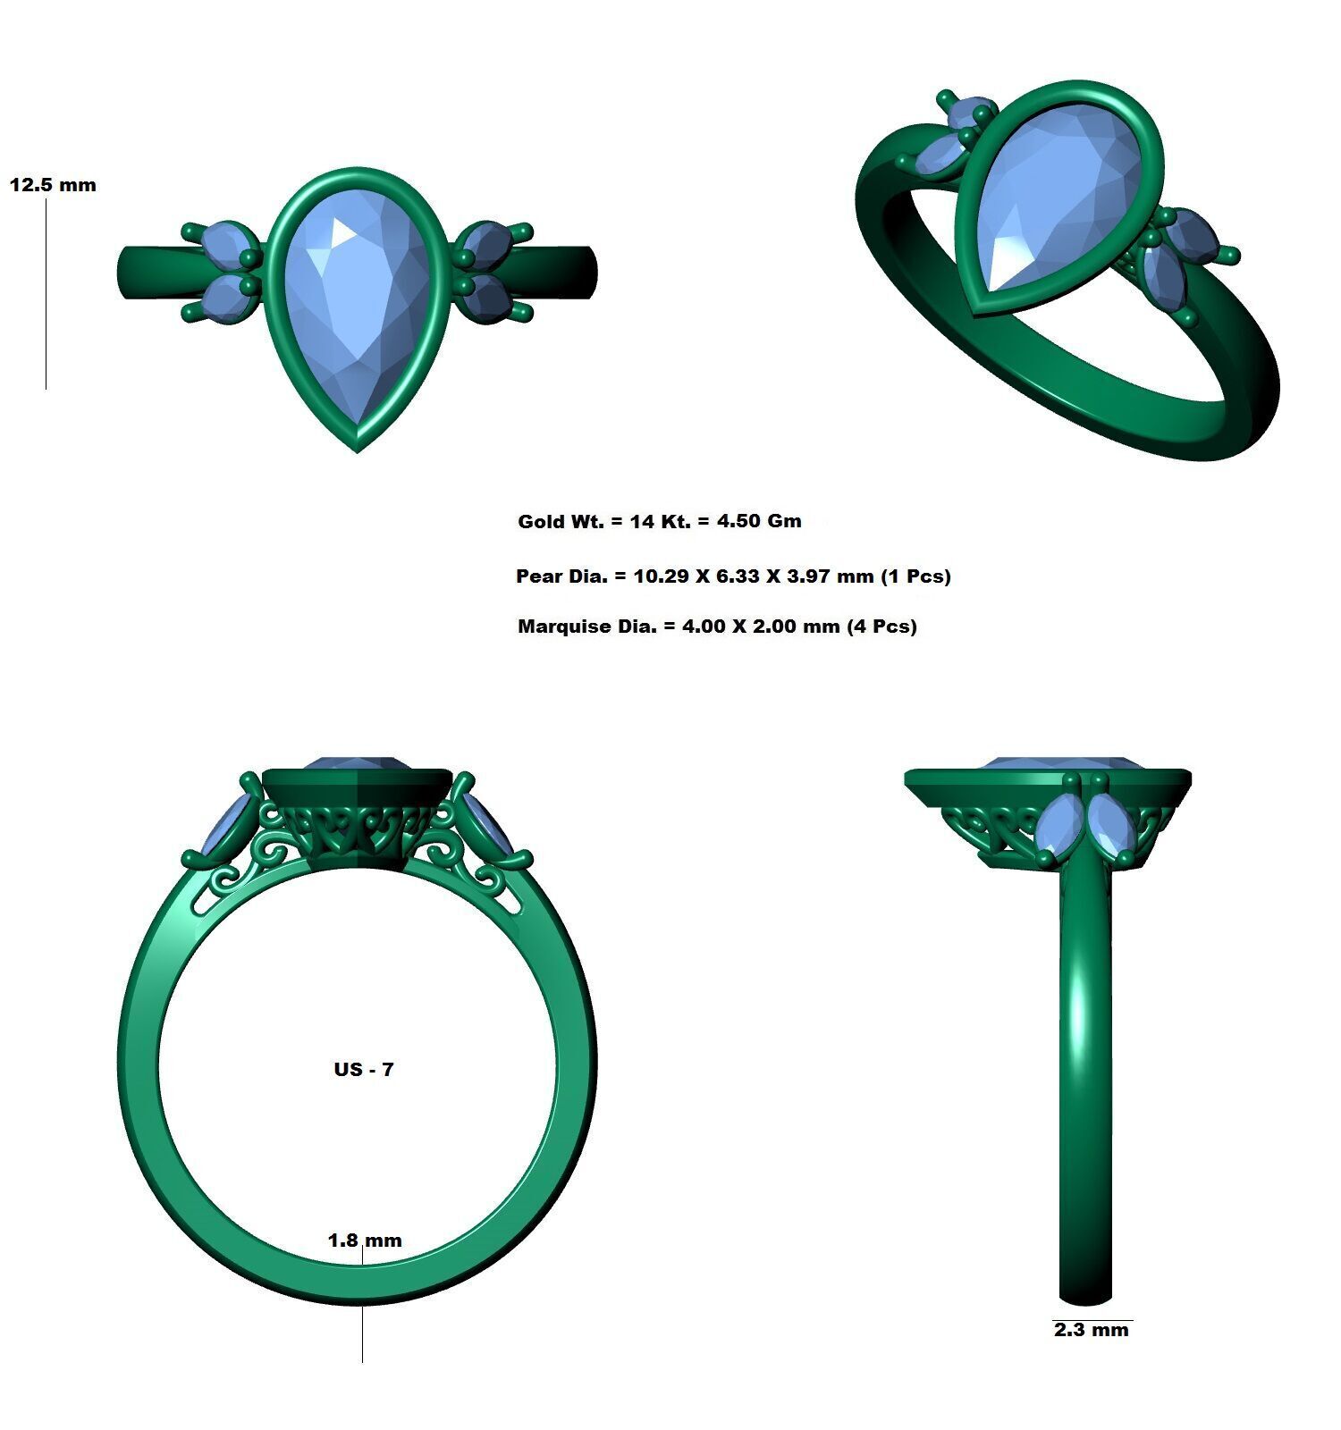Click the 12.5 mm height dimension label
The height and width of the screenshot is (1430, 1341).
(53, 185)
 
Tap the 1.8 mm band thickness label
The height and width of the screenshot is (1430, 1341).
(365, 1240)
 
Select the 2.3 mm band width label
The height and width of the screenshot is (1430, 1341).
(1091, 1330)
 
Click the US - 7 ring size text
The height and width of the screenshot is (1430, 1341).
(363, 1069)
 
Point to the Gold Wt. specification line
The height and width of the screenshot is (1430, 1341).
(659, 521)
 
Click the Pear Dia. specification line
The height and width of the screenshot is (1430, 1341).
(732, 576)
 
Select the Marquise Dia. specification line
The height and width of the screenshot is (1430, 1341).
(716, 626)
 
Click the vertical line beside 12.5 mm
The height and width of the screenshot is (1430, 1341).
(46, 295)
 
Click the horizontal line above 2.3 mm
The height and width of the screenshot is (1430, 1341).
(1092, 1319)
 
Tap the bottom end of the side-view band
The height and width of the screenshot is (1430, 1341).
(1084, 1296)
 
